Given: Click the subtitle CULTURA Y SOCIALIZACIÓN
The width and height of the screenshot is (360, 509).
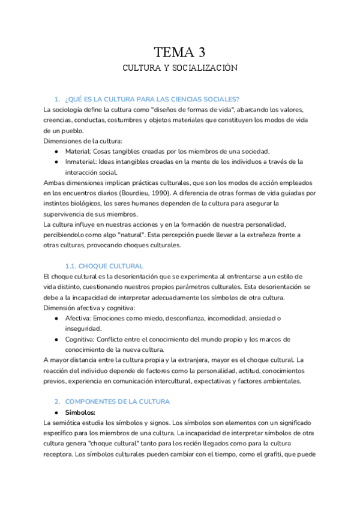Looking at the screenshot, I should (x=180, y=68).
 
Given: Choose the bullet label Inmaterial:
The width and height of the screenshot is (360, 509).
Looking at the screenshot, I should (x=82, y=161).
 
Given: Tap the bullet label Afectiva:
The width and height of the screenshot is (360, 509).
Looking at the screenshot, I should (x=80, y=318).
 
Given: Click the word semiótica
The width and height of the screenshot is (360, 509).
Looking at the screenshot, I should (x=71, y=423).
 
